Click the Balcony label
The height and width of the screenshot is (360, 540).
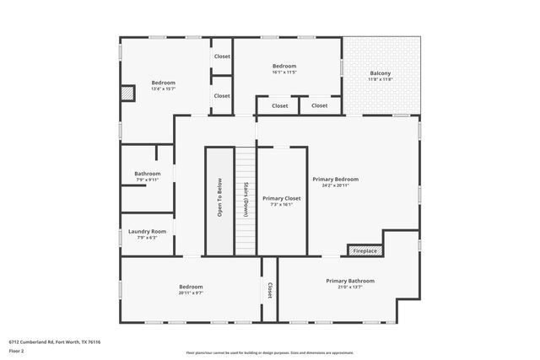(x=380, y=73)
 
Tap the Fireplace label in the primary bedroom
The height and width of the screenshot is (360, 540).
(x=365, y=250)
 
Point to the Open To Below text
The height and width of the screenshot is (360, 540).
(x=219, y=199)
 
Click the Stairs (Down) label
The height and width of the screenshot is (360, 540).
(x=246, y=199)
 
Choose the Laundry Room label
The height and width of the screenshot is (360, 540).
(x=147, y=231)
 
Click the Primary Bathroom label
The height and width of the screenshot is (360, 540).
(x=350, y=281)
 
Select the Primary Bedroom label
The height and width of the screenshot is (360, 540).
(x=335, y=179)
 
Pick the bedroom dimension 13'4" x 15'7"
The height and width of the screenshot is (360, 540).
(x=163, y=89)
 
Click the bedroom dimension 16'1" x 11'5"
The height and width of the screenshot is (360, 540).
(x=284, y=72)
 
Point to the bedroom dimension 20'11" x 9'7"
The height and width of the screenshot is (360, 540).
(x=191, y=293)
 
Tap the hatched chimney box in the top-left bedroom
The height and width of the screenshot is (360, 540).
(x=127, y=94)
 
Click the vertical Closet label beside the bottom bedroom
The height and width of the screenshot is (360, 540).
(x=269, y=290)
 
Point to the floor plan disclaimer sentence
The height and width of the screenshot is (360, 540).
(x=269, y=352)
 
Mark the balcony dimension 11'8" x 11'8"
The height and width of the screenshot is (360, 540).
(x=380, y=79)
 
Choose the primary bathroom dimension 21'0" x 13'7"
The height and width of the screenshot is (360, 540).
(x=350, y=287)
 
